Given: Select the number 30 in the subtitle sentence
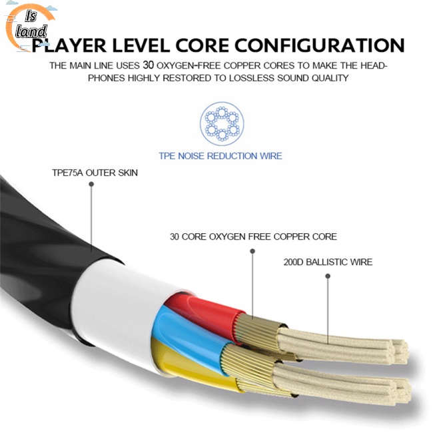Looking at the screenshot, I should [148, 66].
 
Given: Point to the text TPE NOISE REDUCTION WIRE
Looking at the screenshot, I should [220, 156].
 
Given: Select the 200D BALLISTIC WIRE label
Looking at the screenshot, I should [328, 262].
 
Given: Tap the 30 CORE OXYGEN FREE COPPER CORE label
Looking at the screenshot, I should [253, 236].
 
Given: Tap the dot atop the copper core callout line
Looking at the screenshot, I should [253, 251].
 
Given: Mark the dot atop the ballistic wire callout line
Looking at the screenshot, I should [328, 276].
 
